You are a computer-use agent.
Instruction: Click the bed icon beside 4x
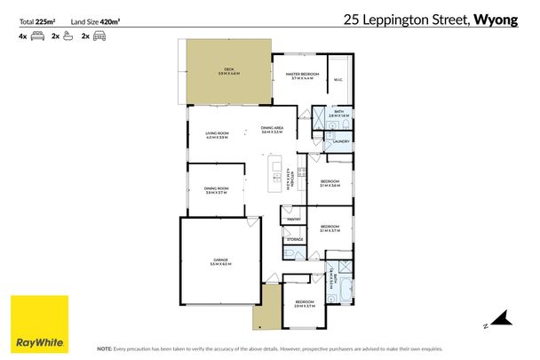tap(37, 36)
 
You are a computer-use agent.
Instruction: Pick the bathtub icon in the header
tap(68, 36)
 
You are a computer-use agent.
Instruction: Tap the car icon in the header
tap(99, 36)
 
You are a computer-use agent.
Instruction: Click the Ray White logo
tap(38, 324)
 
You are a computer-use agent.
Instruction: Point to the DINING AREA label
tap(272, 129)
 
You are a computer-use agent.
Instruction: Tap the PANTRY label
tap(294, 219)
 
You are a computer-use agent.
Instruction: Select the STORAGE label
tap(295, 238)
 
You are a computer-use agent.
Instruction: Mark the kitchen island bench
tap(277, 173)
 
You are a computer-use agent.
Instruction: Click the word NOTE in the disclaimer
tap(104, 348)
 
